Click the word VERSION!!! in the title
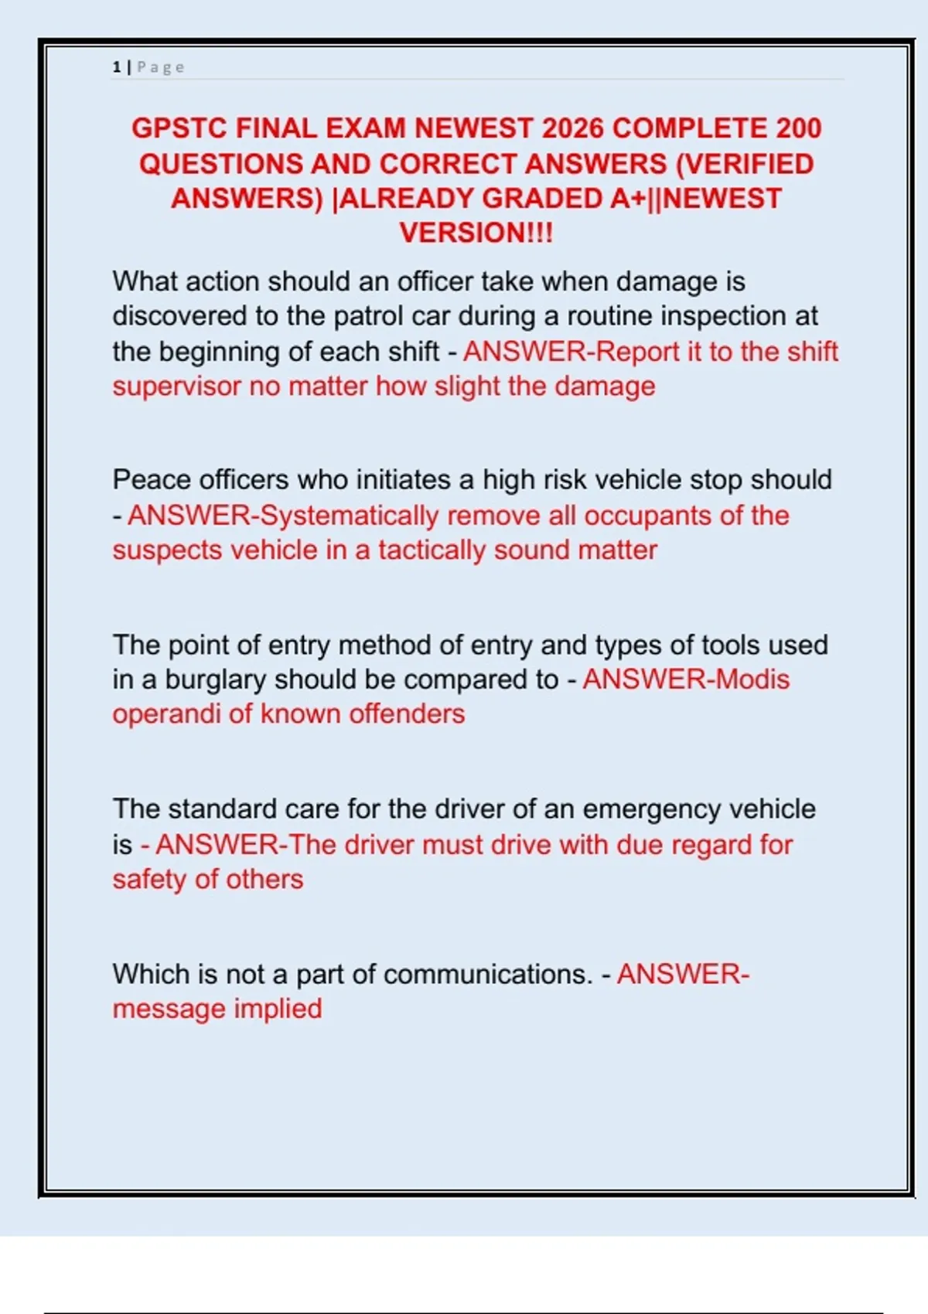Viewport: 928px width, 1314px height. click(x=476, y=233)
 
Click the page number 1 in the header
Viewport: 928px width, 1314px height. click(x=117, y=67)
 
